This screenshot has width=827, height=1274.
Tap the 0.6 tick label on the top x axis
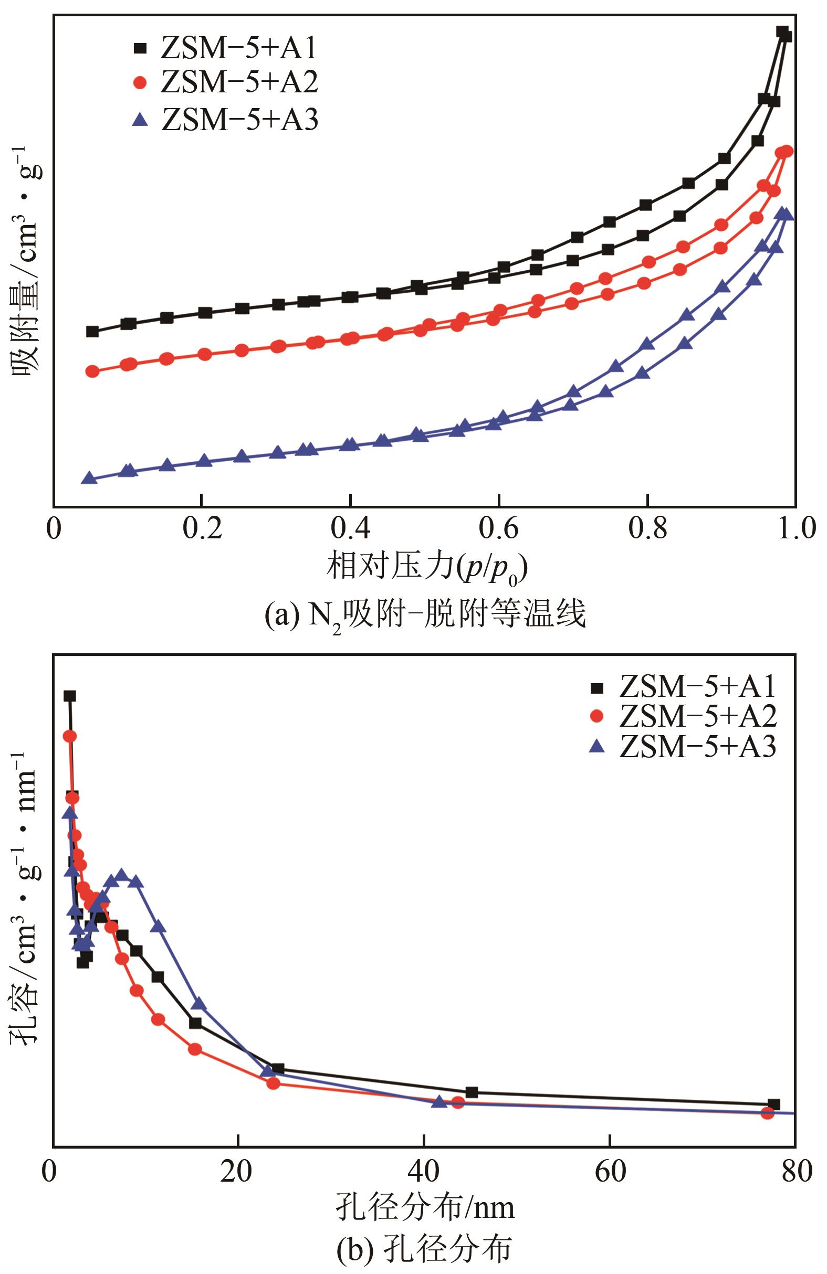click(x=499, y=528)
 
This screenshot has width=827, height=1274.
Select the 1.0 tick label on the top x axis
click(x=795, y=528)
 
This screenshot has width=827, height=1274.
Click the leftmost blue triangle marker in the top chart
click(x=89, y=478)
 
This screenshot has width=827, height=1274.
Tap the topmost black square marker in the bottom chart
click(x=70, y=696)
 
